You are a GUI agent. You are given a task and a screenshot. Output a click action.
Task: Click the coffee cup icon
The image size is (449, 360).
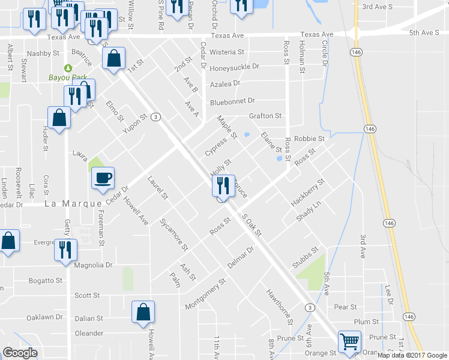pyautogui.click(x=102, y=177)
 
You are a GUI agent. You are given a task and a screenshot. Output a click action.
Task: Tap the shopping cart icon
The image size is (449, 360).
pyautogui.click(x=349, y=341)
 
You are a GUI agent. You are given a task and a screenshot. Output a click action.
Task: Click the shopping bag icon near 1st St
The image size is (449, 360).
pyautogui.click(x=113, y=58)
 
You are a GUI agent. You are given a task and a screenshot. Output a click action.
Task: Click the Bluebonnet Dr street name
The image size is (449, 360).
pyautogui.click(x=232, y=101)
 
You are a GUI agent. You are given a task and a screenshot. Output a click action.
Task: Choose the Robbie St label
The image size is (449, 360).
pyautogui.click(x=312, y=139)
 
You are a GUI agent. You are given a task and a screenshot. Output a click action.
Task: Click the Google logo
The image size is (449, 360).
pyautogui.click(x=20, y=353)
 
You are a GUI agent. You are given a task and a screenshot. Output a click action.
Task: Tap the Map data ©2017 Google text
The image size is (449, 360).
pyautogui.click(x=411, y=355)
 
